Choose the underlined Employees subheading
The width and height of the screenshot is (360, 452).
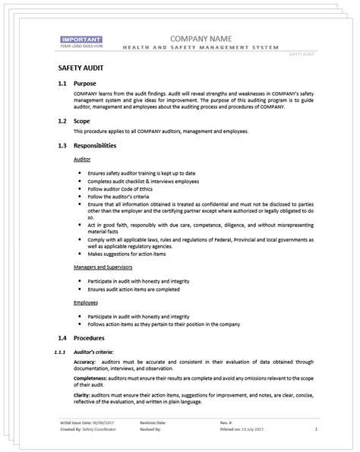point(86,302)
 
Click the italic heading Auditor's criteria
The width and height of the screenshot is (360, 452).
point(94,352)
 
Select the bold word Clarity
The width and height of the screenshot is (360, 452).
point(83,406)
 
